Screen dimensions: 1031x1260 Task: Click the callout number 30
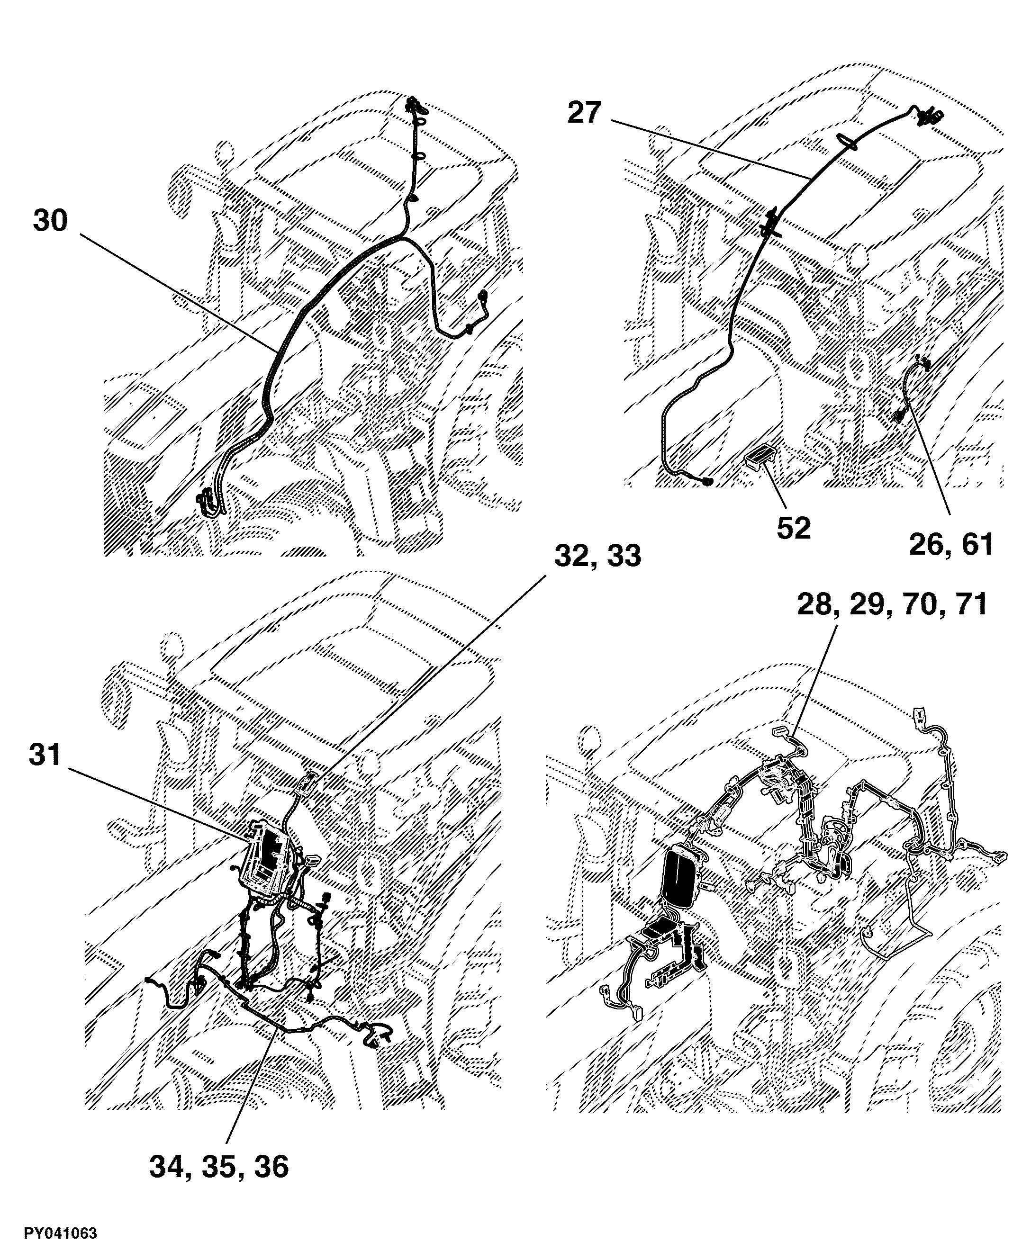[51, 221]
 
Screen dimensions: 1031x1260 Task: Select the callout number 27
[585, 113]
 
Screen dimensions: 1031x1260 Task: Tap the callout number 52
[794, 528]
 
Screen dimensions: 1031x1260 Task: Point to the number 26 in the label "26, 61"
[928, 544]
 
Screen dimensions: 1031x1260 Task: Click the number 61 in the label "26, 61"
[977, 544]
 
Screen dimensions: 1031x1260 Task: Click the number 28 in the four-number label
[815, 604]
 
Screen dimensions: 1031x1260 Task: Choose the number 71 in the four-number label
[969, 604]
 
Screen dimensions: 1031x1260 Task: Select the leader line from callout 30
[178, 293]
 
